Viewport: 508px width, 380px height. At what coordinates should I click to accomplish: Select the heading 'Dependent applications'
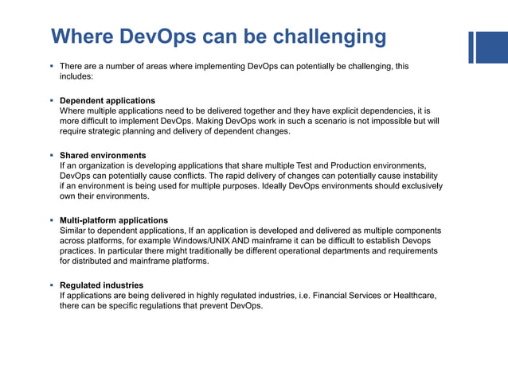click(107, 101)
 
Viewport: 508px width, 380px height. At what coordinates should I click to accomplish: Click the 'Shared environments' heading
click(103, 155)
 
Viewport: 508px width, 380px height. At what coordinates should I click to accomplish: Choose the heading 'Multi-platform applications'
click(114, 220)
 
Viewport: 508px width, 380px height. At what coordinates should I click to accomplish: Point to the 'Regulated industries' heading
click(102, 285)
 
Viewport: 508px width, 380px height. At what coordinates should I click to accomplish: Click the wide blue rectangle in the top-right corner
click(493, 47)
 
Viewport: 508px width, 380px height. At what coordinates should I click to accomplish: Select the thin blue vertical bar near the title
click(471, 47)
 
